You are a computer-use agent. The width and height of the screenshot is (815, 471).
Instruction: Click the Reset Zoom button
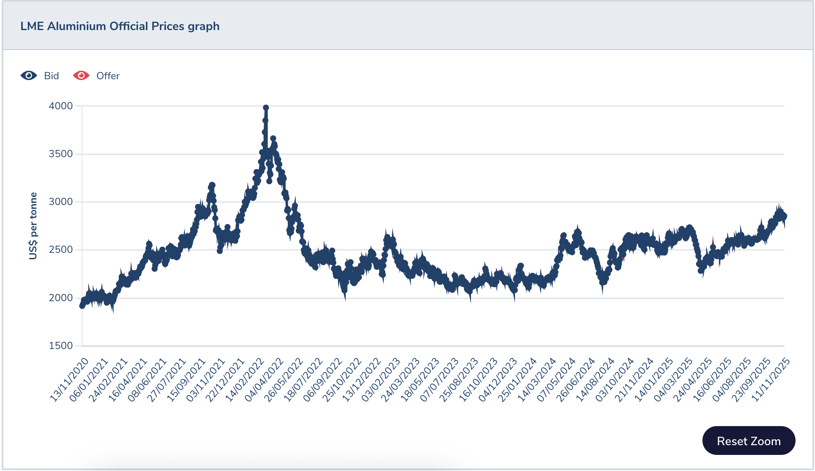pyautogui.click(x=748, y=441)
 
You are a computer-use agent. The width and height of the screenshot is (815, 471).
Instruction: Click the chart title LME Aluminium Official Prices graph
pyautogui.click(x=120, y=26)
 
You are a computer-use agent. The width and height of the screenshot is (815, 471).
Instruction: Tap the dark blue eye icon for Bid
pyautogui.click(x=29, y=75)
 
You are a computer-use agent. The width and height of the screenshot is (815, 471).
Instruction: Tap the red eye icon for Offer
pyautogui.click(x=81, y=75)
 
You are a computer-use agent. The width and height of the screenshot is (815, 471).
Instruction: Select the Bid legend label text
pyautogui.click(x=51, y=76)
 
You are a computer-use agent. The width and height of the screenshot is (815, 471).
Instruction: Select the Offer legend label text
pyautogui.click(x=108, y=76)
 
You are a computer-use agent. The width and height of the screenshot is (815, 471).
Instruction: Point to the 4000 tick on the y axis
pyautogui.click(x=61, y=106)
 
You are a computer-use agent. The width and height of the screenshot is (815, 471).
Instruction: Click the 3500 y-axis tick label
pyautogui.click(x=61, y=154)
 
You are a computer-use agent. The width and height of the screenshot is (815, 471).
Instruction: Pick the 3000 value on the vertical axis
pyautogui.click(x=61, y=202)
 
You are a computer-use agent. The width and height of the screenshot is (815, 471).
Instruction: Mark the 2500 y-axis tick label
pyautogui.click(x=61, y=249)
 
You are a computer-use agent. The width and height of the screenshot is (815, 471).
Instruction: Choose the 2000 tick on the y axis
pyautogui.click(x=61, y=298)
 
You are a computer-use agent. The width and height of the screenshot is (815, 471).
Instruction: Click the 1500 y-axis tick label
pyautogui.click(x=61, y=346)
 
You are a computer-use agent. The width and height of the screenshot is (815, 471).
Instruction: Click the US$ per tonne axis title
pyautogui.click(x=33, y=226)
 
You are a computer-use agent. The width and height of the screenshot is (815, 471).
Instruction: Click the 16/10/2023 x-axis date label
pyautogui.click(x=479, y=379)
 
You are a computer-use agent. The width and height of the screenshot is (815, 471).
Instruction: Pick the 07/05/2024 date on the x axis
pyautogui.click(x=557, y=379)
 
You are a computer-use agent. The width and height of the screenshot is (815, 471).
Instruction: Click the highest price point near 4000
pyautogui.click(x=266, y=108)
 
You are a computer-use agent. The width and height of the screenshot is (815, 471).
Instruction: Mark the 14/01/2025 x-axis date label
pyautogui.click(x=654, y=379)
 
